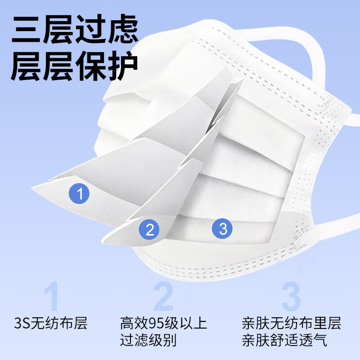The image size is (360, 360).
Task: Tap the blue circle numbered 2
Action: [x=150, y=229]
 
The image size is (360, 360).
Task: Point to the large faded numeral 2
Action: [x=163, y=296]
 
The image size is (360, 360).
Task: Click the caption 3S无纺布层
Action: [x=50, y=323]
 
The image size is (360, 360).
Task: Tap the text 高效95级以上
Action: [x=163, y=323]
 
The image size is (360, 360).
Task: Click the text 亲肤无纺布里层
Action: [x=291, y=323]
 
